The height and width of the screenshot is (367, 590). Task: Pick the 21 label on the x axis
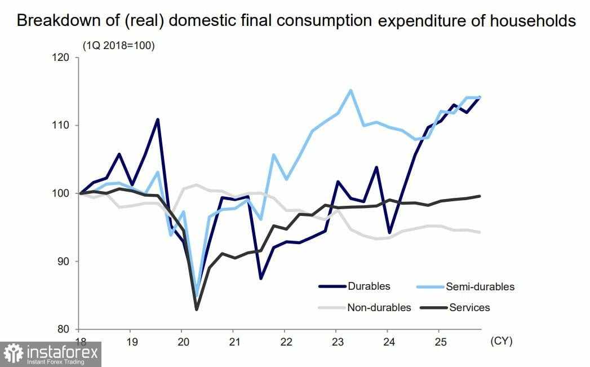tap(233, 342)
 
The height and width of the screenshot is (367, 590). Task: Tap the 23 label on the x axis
tap(336, 342)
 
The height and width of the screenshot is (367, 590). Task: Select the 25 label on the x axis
tap(438, 342)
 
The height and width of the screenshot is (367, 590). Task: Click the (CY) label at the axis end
tap(502, 341)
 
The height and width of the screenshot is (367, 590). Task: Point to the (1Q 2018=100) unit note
tap(118, 46)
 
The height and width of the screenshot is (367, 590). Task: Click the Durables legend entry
tap(370, 286)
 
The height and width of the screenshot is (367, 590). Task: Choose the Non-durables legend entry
tap(379, 307)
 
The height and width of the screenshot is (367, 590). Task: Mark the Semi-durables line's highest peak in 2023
tap(351, 90)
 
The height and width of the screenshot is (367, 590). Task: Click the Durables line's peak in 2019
tap(158, 120)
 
